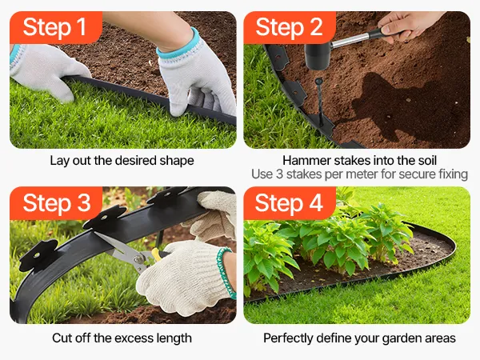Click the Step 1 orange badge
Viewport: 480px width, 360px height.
(x=56, y=27)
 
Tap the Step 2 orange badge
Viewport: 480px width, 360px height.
(x=290, y=27)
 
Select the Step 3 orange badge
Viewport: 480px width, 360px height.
(x=56, y=203)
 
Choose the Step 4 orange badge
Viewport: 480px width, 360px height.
(x=290, y=203)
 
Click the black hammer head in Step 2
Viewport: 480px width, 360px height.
(x=318, y=56)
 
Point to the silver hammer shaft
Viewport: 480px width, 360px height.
(x=352, y=41)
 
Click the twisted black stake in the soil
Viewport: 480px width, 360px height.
(x=319, y=102)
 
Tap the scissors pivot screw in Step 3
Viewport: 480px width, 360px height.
(x=138, y=259)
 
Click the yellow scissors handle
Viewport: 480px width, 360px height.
(x=156, y=254)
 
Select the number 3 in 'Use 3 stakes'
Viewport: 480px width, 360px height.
(x=279, y=174)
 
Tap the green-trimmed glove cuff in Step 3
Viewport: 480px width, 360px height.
(x=226, y=273)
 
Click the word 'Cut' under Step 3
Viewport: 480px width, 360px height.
(x=62, y=338)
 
